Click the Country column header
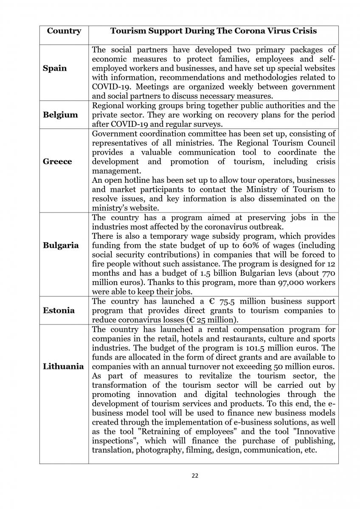[64, 31]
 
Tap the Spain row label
[55, 68]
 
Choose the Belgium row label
[60, 115]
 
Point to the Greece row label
[57, 162]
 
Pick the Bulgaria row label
[60, 245]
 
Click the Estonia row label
[59, 310]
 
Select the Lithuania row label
[63, 366]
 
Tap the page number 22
[195, 475]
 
